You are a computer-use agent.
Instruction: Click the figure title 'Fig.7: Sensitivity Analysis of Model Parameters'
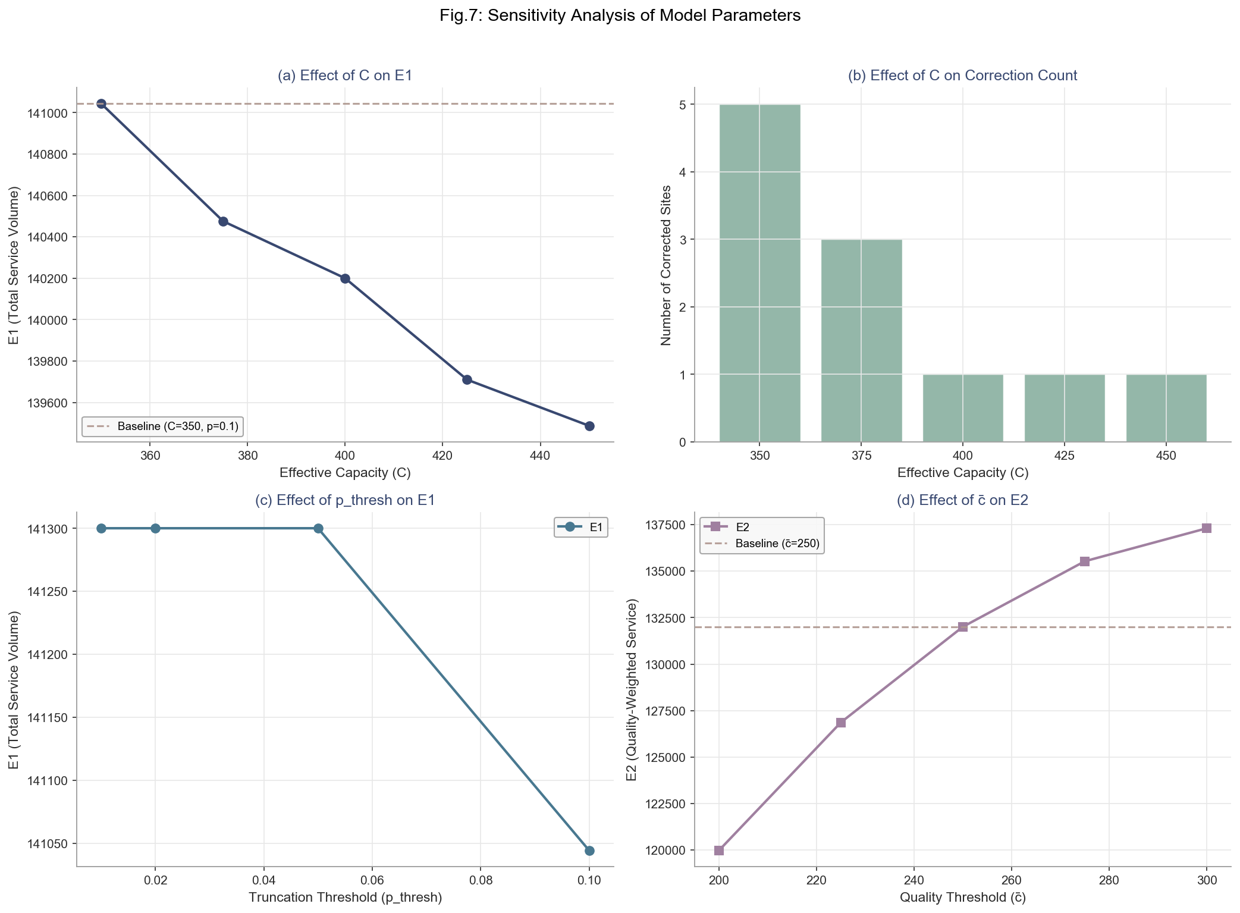(620, 16)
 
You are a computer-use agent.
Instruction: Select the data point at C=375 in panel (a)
(223, 221)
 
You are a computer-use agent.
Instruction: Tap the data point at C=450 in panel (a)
(589, 426)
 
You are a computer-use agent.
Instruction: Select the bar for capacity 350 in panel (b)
(759, 273)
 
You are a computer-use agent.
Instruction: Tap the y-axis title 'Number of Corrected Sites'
(666, 265)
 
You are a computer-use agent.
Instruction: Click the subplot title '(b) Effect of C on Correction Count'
(962, 76)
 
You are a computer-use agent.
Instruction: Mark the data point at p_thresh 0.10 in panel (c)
(589, 851)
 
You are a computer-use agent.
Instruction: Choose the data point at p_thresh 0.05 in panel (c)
(318, 528)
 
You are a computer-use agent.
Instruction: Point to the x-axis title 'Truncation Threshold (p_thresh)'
(345, 898)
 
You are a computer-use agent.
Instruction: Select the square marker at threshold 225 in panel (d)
(841, 723)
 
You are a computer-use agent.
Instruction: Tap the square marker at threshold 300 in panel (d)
(1206, 528)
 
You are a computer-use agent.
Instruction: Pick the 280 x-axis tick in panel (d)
(1109, 880)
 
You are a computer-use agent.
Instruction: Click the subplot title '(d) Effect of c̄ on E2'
(962, 500)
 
